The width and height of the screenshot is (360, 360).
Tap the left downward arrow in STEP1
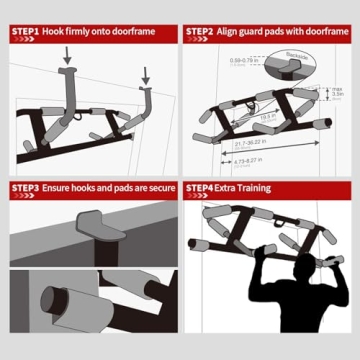click(67, 59)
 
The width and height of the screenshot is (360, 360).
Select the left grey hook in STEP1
click(68, 100)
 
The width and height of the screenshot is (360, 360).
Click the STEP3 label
click(24, 187)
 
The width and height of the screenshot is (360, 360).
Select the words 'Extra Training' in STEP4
click(246, 187)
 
